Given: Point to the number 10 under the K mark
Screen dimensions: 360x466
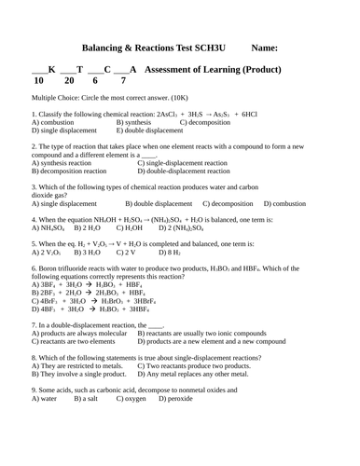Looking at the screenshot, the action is click(x=38, y=81).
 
